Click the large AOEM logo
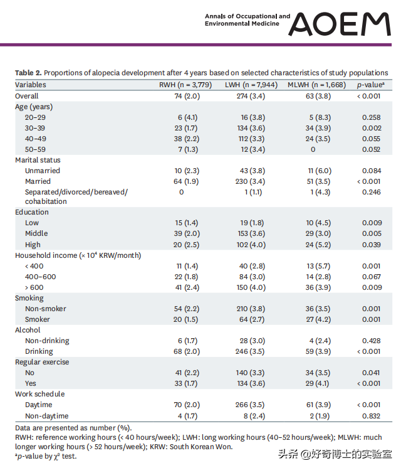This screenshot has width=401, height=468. point(340,24)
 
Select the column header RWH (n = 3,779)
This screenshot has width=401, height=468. point(185,85)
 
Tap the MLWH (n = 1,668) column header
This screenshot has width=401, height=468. point(316,85)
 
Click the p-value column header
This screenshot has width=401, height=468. point(370,85)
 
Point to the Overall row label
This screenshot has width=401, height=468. point(27,96)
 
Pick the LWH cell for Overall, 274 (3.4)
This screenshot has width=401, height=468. point(251,96)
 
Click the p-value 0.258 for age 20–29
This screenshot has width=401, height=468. point(372,117)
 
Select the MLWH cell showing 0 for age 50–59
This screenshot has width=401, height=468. point(313,149)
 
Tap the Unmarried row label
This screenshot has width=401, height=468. point(43,171)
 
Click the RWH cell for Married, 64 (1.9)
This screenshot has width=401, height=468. point(186,181)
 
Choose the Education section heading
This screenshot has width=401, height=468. point(32,212)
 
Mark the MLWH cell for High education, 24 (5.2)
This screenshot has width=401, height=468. point(318,245)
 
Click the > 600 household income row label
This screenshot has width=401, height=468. point(34,287)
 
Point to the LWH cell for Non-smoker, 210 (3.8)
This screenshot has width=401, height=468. point(251,309)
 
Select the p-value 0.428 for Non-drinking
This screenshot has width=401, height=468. point(372,341)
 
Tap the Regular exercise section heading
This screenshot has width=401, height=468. point(42,362)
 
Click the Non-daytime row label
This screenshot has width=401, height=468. point(47,416)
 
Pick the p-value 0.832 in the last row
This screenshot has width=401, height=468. point(372,416)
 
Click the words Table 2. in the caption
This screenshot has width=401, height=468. point(28,73)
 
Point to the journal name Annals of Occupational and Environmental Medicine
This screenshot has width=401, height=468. point(247,20)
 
